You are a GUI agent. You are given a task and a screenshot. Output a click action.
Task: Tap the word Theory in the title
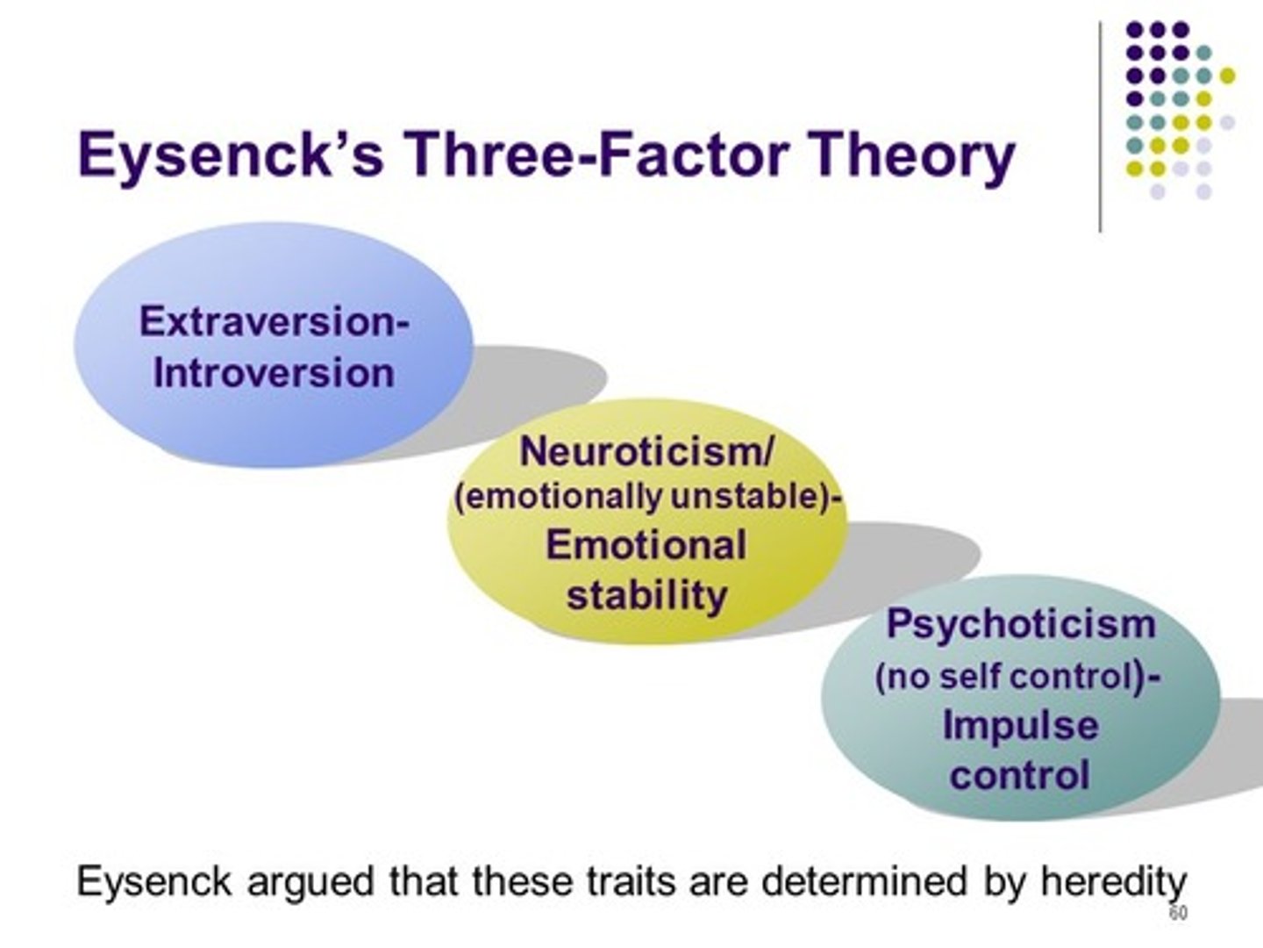pyautogui.click(x=912, y=155)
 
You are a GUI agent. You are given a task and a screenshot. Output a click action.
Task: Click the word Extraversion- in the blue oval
pyautogui.click(x=274, y=321)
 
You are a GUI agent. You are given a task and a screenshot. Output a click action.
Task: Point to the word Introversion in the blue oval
pyautogui.click(x=274, y=373)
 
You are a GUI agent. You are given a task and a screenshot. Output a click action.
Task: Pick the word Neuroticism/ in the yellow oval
pyautogui.click(x=647, y=452)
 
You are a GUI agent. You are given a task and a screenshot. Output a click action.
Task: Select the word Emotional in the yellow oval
pyautogui.click(x=646, y=545)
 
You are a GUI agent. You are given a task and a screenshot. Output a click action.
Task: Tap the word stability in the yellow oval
pyautogui.click(x=646, y=596)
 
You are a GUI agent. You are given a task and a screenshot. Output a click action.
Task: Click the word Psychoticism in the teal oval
pyautogui.click(x=1021, y=625)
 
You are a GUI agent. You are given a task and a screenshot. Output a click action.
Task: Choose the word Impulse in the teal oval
pyautogui.click(x=1020, y=726)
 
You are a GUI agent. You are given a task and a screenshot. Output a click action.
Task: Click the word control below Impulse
pyautogui.click(x=1019, y=776)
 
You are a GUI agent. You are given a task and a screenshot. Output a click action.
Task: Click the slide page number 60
pyautogui.click(x=1178, y=914)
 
